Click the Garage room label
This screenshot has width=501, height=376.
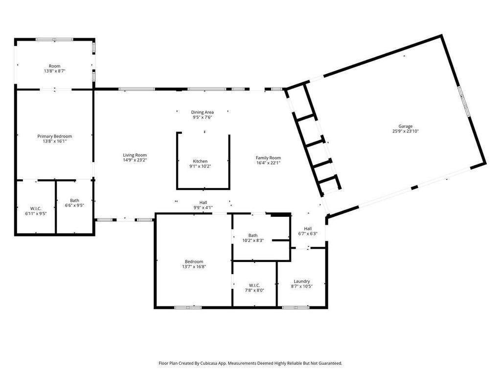(x=405, y=126)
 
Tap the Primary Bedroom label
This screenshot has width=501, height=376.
(x=55, y=136)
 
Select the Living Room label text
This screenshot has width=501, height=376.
(x=135, y=155)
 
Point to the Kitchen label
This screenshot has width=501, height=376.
(x=200, y=161)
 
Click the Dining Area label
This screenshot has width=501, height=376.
(x=202, y=112)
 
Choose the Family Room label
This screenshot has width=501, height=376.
(x=269, y=158)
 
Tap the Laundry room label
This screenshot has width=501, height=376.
(x=302, y=282)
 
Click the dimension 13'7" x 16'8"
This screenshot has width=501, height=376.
(x=194, y=266)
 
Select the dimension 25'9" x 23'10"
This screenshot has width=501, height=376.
(x=406, y=131)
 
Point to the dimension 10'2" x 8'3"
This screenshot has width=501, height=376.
(x=253, y=240)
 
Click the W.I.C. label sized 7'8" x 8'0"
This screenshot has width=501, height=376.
(x=254, y=285)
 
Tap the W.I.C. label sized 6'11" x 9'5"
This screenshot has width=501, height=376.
(x=36, y=209)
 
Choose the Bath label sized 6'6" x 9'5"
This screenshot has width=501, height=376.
(x=75, y=200)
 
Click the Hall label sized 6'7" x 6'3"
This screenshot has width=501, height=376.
(x=308, y=229)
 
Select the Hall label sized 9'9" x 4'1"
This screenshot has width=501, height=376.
(x=203, y=202)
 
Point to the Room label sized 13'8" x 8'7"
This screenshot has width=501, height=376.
(x=55, y=66)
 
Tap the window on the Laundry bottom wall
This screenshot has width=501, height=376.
(x=296, y=307)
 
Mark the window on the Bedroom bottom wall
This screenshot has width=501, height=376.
(x=188, y=307)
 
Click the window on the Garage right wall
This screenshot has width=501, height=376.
(x=464, y=101)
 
